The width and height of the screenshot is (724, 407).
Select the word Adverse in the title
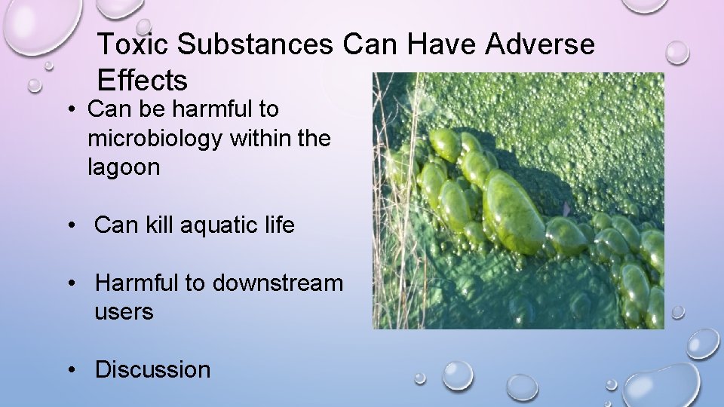point(540,45)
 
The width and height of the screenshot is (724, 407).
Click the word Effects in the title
point(143,79)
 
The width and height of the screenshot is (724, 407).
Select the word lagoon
point(124,167)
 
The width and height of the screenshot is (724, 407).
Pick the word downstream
point(278,283)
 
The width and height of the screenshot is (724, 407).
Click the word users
point(124,311)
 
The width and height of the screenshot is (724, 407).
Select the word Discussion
point(152,369)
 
